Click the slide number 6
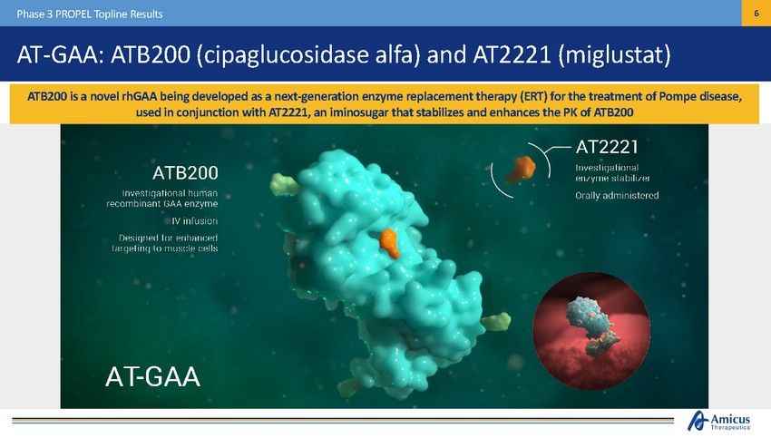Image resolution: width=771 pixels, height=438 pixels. pyautogui.click(x=756, y=14)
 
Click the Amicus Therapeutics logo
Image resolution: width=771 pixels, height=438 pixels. pyautogui.click(x=719, y=422)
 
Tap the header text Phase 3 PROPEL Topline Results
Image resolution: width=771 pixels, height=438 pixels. pyautogui.click(x=90, y=14)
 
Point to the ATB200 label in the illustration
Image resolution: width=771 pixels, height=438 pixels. pyautogui.click(x=185, y=172)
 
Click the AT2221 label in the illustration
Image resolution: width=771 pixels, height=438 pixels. pyautogui.click(x=607, y=147)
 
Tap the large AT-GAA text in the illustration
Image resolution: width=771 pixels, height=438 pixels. pyautogui.click(x=153, y=377)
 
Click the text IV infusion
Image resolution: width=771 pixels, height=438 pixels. pyautogui.click(x=194, y=221)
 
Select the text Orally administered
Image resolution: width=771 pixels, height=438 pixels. pyautogui.click(x=617, y=195)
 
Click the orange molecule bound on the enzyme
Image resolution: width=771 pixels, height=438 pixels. pyautogui.click(x=390, y=243)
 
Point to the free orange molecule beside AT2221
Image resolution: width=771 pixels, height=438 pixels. pyautogui.click(x=521, y=169)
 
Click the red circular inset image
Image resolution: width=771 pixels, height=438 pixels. pyautogui.click(x=591, y=331)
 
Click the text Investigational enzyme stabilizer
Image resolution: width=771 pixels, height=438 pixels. pyautogui.click(x=612, y=172)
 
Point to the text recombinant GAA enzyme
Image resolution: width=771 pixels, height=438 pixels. pyautogui.click(x=162, y=203)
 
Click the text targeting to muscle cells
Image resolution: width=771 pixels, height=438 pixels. pyautogui.click(x=165, y=248)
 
